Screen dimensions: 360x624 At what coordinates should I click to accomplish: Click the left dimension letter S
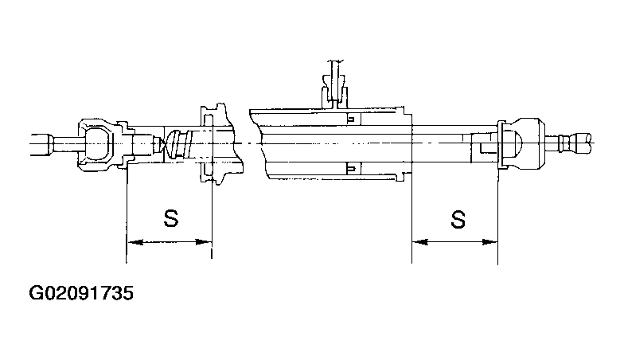click(170, 219)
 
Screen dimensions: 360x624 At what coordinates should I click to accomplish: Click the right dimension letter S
click(457, 219)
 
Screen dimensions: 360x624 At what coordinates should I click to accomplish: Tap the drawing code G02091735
click(80, 294)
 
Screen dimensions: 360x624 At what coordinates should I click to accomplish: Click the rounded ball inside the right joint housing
click(518, 143)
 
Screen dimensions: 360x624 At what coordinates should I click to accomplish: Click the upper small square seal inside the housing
click(350, 119)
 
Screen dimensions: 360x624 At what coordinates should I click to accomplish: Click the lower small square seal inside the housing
click(350, 167)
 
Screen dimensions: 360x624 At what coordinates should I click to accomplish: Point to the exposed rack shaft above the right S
click(450, 143)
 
